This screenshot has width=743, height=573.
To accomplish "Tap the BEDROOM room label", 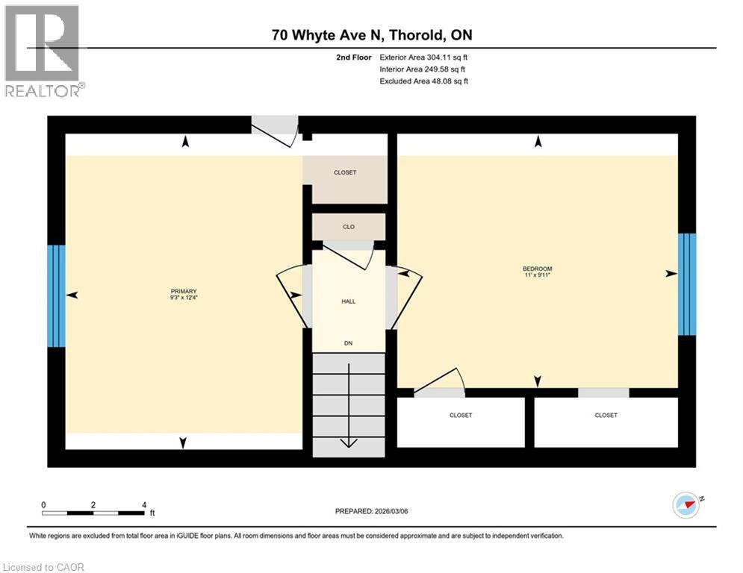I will pyautogui.click(x=537, y=269).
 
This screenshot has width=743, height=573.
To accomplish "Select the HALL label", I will pyautogui.click(x=348, y=301).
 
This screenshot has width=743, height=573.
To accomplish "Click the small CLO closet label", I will pyautogui.click(x=348, y=227).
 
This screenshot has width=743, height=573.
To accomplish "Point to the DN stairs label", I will pyautogui.click(x=348, y=343).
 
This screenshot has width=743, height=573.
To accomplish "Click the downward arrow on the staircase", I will pyautogui.click(x=348, y=442).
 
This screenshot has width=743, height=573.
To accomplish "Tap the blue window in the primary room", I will pyautogui.click(x=56, y=295).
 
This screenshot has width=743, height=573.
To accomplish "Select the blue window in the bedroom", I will pyautogui.click(x=686, y=284).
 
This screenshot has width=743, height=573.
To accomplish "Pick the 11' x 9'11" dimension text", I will pyautogui.click(x=537, y=275).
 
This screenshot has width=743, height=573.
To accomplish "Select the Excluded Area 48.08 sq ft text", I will pyautogui.click(x=423, y=81).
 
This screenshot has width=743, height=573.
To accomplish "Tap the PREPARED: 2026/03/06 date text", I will pyautogui.click(x=373, y=511).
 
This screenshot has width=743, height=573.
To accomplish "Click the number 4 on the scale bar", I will pyautogui.click(x=143, y=504).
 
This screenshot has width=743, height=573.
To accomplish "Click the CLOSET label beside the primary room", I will pyautogui.click(x=344, y=172).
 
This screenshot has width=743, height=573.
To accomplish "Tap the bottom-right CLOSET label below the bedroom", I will pyautogui.click(x=606, y=416).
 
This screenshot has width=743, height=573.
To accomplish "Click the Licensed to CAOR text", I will pyautogui.click(x=45, y=567).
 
